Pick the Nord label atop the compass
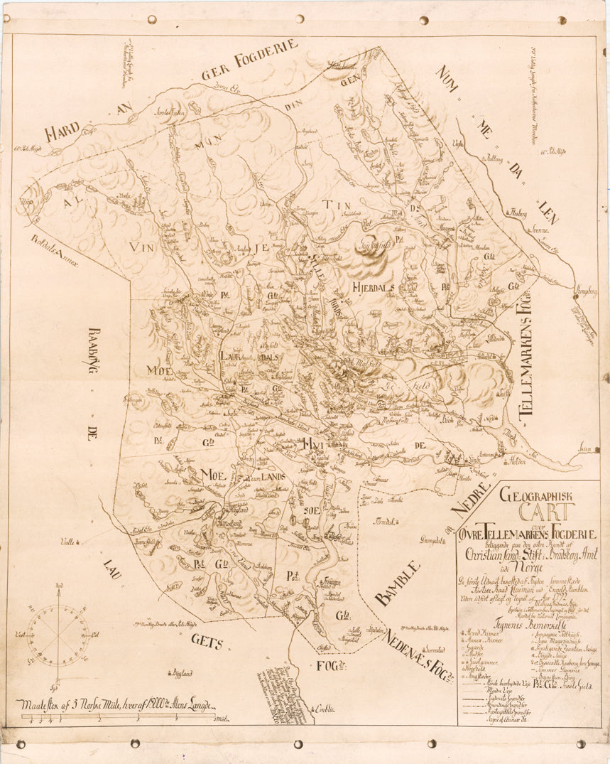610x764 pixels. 58,585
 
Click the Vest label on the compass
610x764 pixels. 19,633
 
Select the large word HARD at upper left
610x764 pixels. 62,132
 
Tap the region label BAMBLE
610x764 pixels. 398,583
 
